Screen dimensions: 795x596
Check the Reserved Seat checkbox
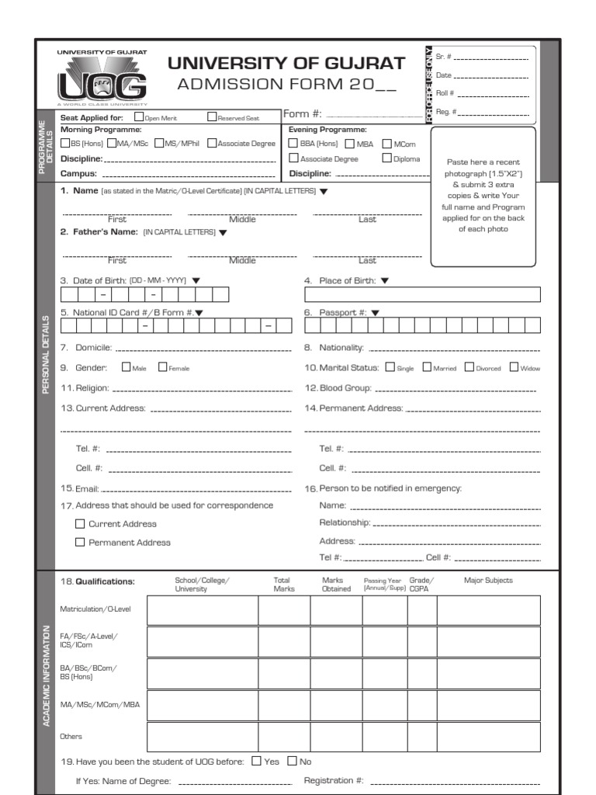tap(212, 117)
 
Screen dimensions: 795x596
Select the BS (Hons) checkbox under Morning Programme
tap(65, 143)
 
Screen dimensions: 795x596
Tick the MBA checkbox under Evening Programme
tap(350, 143)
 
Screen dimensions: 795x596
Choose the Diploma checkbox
tap(386, 158)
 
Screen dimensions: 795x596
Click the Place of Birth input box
tap(422, 295)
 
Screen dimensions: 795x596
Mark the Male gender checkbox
tap(126, 367)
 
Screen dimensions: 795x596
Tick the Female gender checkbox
tap(163, 367)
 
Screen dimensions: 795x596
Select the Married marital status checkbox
tap(427, 367)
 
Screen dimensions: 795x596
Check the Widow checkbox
tap(514, 367)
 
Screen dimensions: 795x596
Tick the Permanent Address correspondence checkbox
tap(80, 542)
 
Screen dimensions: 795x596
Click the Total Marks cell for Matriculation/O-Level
tap(284, 610)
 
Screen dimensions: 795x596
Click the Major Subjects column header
tap(488, 580)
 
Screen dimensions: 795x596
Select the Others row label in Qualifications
tap(71, 736)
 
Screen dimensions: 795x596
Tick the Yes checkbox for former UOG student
tap(256, 761)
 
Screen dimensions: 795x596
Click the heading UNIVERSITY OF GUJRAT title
tap(287, 64)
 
